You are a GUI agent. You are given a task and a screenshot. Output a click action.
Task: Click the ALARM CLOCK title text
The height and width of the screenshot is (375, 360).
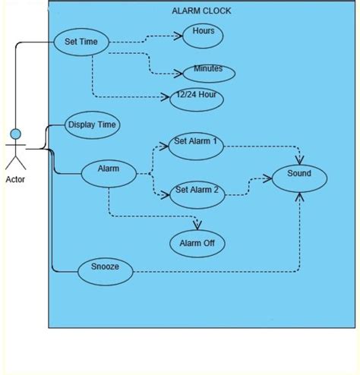[202, 11]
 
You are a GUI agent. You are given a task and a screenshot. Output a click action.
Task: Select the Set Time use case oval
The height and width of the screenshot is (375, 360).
[81, 43]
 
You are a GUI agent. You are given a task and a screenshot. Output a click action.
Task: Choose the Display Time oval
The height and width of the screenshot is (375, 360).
[93, 125]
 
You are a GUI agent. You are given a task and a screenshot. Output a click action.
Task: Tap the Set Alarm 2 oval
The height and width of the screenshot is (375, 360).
[197, 191]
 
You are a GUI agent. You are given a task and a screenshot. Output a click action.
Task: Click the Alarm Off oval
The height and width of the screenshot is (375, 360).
[197, 244]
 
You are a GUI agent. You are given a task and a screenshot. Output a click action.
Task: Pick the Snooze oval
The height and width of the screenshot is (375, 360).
[105, 268]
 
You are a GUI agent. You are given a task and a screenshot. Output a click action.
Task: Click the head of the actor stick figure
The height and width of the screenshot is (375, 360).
[15, 135]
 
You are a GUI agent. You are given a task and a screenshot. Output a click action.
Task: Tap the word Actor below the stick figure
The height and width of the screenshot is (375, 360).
[15, 179]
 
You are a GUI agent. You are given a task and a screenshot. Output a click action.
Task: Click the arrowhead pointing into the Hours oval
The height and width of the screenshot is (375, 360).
[179, 34]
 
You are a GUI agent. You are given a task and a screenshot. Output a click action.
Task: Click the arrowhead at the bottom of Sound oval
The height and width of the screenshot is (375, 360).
[299, 197]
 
